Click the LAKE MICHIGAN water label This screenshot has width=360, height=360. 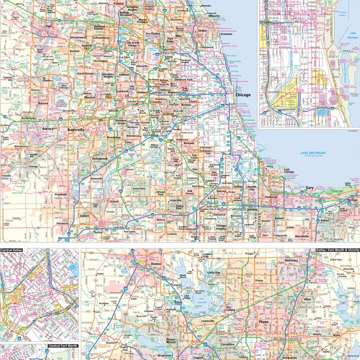point(313,154)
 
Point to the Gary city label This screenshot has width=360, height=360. point(310,188)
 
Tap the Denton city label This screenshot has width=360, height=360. point(157,264)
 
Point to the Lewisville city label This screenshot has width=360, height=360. point(206,322)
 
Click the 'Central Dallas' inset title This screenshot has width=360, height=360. point(16,250)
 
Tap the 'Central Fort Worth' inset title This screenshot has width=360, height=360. point(63,347)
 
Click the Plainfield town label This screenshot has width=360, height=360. point(61,195)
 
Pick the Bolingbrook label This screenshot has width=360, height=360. point(100,158)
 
